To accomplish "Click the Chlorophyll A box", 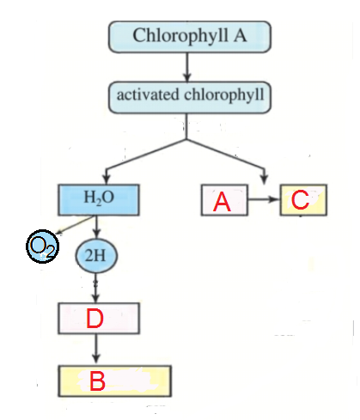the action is coord(190,37).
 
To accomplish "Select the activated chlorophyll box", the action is coord(190,97).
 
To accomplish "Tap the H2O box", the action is coord(99,200).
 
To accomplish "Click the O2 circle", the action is coord(43,247).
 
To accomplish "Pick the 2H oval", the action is coord(96,256).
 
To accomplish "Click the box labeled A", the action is coord(224,200).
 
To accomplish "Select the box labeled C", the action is coord(303,200).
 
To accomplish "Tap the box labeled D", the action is coord(99,319).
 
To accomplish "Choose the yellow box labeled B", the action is coord(114,381).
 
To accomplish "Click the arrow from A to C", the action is coord(264,199).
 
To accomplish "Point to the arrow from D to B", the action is coord(96,350).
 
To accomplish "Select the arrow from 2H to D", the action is coord(96,288).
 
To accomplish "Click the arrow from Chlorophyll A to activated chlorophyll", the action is coord(187,67).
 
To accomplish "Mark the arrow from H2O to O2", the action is coord(76,225).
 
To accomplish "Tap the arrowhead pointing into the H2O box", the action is coord(107,179).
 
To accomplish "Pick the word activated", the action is coord(148,94).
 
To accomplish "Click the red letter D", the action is coord(95,318).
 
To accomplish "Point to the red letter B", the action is coord(97,380).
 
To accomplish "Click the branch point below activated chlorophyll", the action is coord(186,139).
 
